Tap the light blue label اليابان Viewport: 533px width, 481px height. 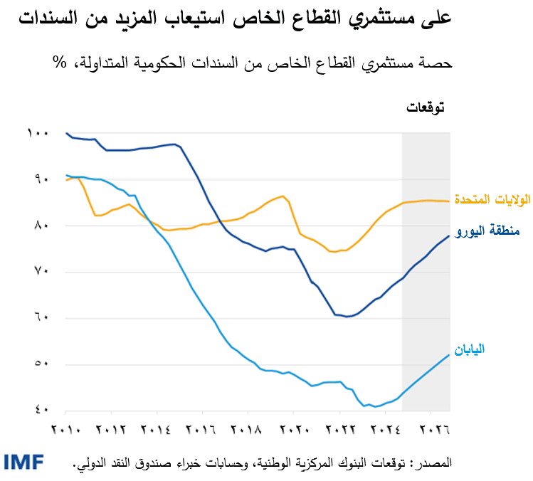click(x=490, y=349)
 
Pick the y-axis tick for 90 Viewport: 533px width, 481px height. click(x=39, y=180)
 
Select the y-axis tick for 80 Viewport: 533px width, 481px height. click(x=39, y=226)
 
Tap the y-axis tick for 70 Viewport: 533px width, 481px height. click(x=39, y=273)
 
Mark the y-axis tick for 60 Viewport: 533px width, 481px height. click(x=39, y=318)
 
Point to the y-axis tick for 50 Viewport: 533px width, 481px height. click(x=39, y=365)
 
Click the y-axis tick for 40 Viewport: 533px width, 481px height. click(x=39, y=411)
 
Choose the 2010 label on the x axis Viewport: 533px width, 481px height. click(x=65, y=430)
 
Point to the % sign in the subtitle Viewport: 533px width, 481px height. click(x=58, y=63)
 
